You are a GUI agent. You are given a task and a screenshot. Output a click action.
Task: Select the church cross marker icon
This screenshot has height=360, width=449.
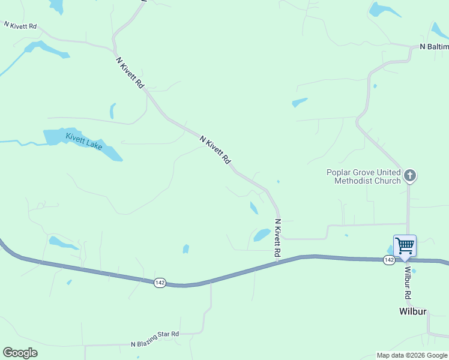click(410, 176)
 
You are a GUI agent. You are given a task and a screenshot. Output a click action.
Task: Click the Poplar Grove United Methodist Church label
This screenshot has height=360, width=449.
click(363, 176)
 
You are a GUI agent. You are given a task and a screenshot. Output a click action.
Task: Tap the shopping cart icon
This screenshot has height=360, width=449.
click(405, 246)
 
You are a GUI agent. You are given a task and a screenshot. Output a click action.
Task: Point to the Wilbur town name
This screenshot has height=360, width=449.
click(413, 311)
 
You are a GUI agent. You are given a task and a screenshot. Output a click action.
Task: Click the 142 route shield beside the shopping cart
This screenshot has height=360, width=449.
click(389, 259)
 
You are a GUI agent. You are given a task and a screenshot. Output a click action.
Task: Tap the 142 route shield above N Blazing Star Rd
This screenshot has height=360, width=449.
click(159, 283)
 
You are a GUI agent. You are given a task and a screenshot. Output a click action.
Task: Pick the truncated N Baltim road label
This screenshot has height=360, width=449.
click(434, 46)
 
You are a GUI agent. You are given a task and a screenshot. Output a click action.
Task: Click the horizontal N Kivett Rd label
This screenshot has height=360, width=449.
click(20, 26)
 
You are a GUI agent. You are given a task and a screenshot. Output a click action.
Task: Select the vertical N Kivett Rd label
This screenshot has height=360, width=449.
click(278, 238)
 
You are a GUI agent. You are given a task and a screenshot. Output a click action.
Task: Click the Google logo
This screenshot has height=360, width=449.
click(20, 352)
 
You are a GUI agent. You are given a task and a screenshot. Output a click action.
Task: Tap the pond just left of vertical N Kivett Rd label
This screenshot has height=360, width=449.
click(262, 235)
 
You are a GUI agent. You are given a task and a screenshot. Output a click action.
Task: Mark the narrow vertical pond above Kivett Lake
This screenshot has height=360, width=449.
click(112, 111)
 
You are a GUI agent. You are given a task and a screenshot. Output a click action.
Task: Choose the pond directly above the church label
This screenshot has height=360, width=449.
click(300, 102)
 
